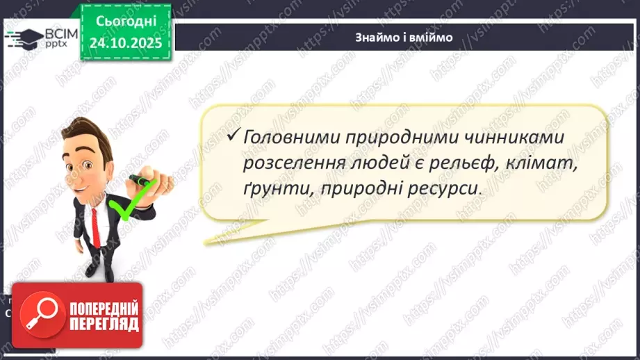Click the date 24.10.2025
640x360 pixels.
pyautogui.click(x=125, y=42)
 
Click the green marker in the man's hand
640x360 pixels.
pyautogui.click(x=142, y=183)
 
